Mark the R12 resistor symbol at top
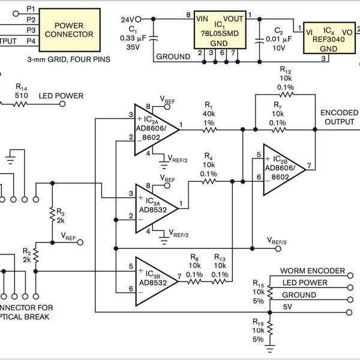(x=285, y=94)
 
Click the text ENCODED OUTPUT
(x=340, y=116)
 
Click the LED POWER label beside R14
(x=61, y=96)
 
